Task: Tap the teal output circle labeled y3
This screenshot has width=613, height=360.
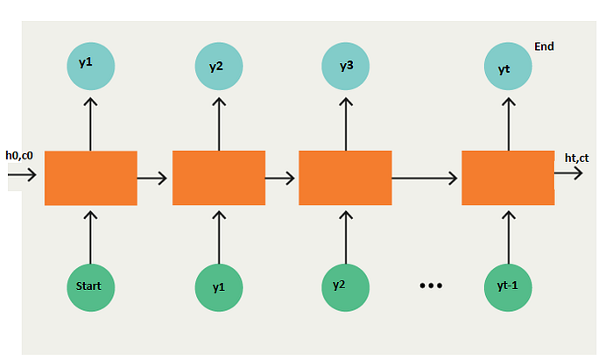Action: [x=345, y=67]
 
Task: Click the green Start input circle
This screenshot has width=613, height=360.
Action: [x=90, y=286]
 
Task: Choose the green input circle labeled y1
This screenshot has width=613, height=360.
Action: [x=218, y=286]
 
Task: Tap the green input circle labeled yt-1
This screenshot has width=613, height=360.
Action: [x=508, y=286]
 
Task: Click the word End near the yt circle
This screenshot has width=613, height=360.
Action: [x=544, y=46]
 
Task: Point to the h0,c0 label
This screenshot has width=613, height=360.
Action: [x=19, y=155]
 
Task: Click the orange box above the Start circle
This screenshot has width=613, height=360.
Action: [x=90, y=178]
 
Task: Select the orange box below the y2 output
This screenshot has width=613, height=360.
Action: [x=218, y=178]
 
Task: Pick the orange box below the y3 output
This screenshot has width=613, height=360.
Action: [x=345, y=178]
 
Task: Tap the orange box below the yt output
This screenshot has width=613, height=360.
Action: [x=508, y=178]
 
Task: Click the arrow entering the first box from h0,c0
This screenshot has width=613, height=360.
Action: [x=23, y=174]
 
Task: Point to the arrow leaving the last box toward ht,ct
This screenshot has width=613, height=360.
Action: [x=567, y=173]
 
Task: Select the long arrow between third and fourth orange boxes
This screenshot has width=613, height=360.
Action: [x=425, y=179]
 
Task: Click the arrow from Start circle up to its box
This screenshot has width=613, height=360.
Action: [x=90, y=234]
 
